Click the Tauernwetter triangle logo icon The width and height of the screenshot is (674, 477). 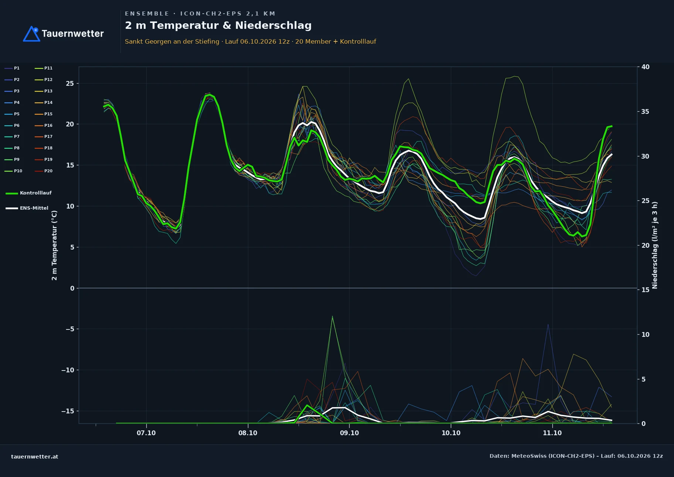(32, 34)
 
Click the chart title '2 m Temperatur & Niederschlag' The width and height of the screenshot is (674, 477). (218, 26)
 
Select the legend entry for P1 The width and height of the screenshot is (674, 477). (12, 68)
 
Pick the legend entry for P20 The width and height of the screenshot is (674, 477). (44, 171)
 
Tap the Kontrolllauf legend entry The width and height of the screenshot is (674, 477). (28, 193)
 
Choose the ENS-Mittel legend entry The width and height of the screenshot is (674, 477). (27, 208)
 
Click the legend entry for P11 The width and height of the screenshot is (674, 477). (44, 68)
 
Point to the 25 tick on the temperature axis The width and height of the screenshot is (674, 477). (70, 84)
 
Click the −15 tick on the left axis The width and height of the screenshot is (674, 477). (68, 411)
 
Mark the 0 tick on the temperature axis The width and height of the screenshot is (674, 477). (72, 288)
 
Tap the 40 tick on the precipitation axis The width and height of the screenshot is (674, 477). (646, 67)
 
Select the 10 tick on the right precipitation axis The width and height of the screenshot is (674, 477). (646, 335)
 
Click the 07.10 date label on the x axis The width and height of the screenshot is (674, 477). (146, 433)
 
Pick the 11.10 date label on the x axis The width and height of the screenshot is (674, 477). (552, 433)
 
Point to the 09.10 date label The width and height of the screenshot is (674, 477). (349, 433)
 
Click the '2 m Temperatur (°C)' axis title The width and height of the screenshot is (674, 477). (54, 245)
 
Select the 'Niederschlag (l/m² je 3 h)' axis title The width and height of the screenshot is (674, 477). (655, 245)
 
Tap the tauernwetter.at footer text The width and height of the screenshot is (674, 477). (35, 457)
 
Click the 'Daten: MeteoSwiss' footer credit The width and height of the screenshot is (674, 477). (576, 456)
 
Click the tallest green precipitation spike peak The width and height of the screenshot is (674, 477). (332, 316)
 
